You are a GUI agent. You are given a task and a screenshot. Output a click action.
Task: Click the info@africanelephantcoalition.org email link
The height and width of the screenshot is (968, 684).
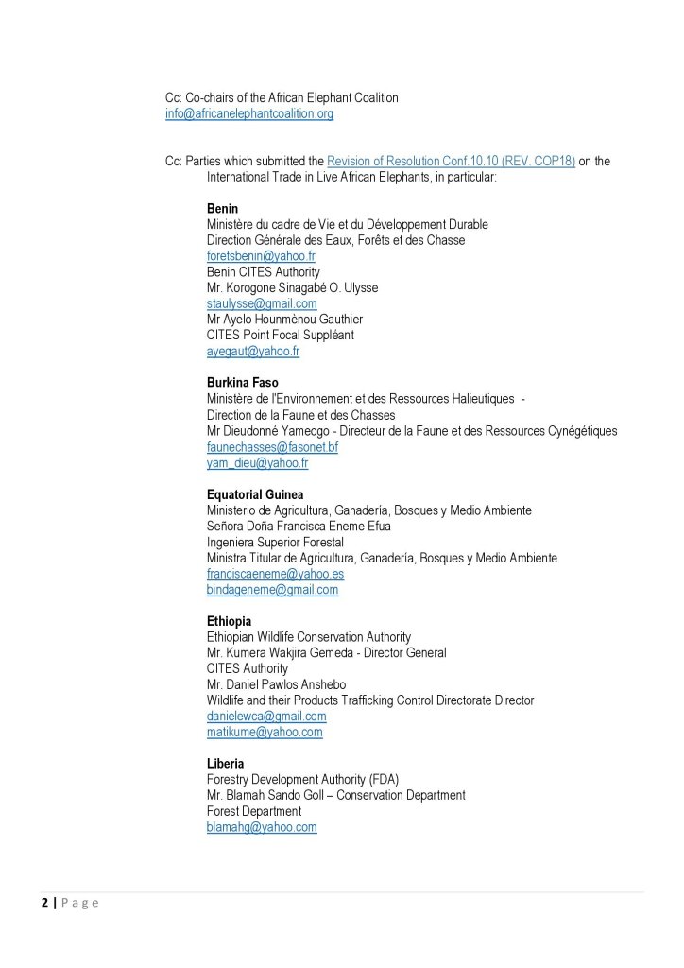pos(248,113)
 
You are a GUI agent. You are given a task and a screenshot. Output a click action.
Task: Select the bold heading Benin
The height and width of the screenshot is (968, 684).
pos(222,208)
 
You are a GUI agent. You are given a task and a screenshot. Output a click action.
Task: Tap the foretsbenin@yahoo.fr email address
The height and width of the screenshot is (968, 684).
pos(261,256)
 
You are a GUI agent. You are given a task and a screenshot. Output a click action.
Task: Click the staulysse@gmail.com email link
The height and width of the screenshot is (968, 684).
pos(262,303)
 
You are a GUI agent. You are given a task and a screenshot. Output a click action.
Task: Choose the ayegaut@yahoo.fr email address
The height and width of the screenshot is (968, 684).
pos(253,351)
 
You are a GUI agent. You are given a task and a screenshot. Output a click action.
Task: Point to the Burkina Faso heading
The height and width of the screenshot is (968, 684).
pos(242,383)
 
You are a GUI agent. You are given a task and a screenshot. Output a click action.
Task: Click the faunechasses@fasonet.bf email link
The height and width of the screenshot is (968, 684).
pos(272,447)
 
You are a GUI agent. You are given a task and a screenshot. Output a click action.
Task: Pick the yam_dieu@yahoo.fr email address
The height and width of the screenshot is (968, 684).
pos(257,463)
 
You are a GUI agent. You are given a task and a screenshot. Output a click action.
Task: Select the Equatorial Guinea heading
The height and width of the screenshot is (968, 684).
pos(255,494)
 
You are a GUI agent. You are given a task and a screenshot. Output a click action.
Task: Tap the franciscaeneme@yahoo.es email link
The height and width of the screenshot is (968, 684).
pos(275,574)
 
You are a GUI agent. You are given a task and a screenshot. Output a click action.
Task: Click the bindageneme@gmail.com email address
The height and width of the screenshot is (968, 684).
pos(272,590)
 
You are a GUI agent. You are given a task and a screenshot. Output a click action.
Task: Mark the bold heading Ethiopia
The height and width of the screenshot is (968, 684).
pos(229,621)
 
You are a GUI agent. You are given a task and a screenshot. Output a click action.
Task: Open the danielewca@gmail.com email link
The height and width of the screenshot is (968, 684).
pos(266,717)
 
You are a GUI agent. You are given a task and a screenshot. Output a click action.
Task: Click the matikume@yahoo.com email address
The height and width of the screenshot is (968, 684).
pos(265,733)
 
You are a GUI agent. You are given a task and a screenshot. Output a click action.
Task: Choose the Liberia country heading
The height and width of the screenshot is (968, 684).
pos(226,763)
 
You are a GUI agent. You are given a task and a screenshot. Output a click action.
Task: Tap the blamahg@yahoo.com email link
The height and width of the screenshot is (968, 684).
pos(262,827)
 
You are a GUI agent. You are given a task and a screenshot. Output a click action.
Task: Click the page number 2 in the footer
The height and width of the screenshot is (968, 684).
pos(43,903)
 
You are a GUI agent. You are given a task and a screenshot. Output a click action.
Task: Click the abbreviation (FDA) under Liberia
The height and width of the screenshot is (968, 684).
pos(384,779)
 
